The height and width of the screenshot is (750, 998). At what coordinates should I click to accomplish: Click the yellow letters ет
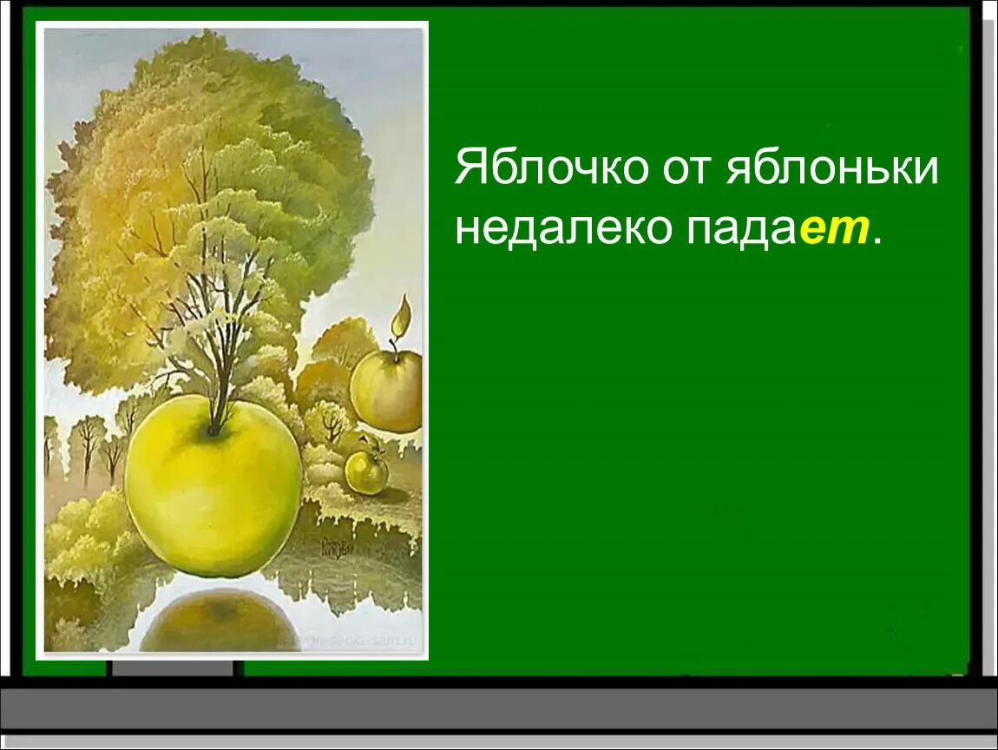click(834, 230)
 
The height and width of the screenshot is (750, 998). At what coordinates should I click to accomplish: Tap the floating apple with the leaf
click(386, 389)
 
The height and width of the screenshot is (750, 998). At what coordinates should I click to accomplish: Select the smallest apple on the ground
click(366, 471)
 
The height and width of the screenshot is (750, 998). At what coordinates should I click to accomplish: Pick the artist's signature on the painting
click(334, 548)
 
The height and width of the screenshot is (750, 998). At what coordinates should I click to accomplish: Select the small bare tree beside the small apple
click(332, 424)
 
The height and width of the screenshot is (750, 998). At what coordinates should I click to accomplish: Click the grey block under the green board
click(174, 668)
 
